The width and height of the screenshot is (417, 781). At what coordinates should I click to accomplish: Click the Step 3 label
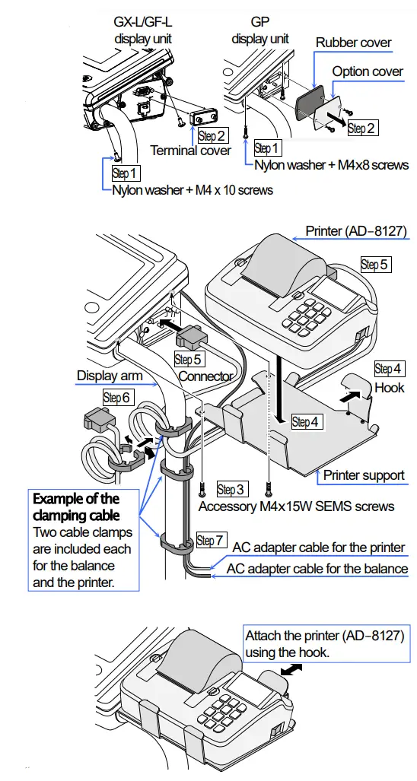click(x=231, y=490)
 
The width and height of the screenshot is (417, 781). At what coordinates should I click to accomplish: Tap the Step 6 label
click(x=117, y=397)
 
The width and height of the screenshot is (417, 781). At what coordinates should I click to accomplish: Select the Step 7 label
click(x=211, y=540)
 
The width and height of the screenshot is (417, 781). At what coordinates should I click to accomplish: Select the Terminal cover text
click(x=190, y=151)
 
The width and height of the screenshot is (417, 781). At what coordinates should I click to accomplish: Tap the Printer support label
click(x=364, y=475)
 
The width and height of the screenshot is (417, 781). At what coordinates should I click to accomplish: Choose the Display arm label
click(x=110, y=376)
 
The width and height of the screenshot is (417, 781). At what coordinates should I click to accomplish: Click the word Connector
click(x=205, y=376)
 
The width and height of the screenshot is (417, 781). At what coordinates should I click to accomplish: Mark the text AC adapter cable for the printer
click(x=318, y=548)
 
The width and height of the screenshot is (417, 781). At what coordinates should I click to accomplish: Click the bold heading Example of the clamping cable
click(x=76, y=506)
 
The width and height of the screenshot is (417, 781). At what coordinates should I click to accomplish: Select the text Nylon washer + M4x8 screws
click(x=331, y=164)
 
